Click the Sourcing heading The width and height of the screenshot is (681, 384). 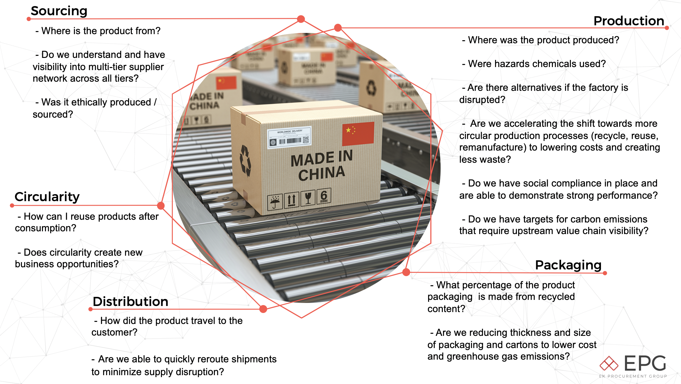[59, 11]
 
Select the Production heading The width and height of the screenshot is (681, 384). [629, 21]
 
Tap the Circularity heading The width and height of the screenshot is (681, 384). [47, 197]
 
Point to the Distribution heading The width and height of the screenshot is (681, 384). [130, 301]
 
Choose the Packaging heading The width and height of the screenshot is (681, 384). [568, 265]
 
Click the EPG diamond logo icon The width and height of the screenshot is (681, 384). [609, 364]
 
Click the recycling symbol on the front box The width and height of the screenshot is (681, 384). [245, 160]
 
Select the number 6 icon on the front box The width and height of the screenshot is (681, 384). [324, 196]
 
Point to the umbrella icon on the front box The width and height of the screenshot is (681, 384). [275, 201]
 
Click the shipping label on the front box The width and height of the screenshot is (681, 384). [289, 137]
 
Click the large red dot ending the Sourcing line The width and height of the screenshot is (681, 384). [301, 19]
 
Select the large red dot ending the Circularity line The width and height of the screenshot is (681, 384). [161, 206]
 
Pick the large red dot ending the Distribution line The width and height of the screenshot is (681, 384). [264, 309]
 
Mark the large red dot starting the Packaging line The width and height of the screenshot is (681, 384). [406, 272]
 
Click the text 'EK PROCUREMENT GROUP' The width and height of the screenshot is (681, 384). [633, 376]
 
